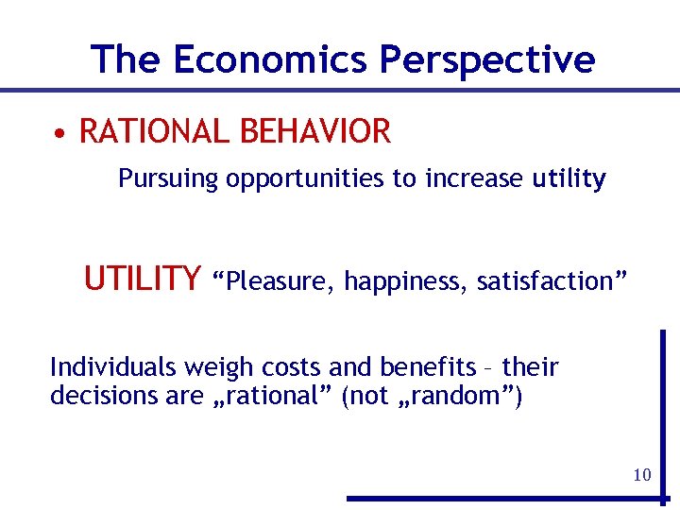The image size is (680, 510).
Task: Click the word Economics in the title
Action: pos(271,59)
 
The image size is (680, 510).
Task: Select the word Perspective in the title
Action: pos(487,59)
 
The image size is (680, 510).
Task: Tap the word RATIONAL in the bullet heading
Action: pos(151,132)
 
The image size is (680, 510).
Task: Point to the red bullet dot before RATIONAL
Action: pos(59,133)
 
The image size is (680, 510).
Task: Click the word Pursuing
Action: pos(168,178)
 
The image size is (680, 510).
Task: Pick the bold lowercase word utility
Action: pos(569,178)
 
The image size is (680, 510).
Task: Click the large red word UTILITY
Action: pos(142,279)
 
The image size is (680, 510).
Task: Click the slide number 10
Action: pos(642,474)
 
